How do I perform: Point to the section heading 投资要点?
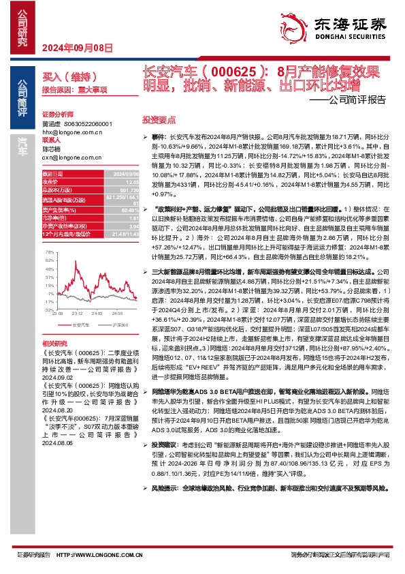(155, 119)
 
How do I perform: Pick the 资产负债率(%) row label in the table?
(58, 211)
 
